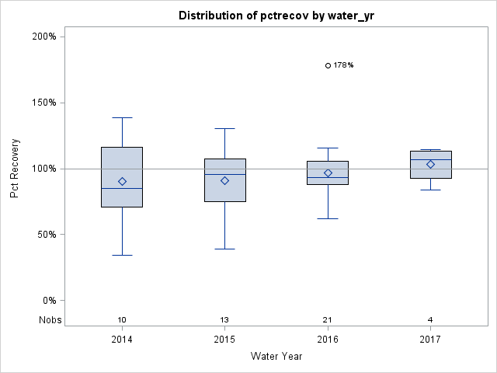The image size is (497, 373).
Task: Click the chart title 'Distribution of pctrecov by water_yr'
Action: coord(275,16)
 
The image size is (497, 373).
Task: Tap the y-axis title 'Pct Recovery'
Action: coord(15,169)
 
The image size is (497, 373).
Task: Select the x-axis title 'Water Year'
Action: coord(276,357)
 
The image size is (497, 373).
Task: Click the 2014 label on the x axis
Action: coord(122,340)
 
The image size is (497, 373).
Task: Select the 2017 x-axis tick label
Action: coord(430,340)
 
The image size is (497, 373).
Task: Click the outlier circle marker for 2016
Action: coord(328,65)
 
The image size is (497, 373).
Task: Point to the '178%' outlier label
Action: coord(343,65)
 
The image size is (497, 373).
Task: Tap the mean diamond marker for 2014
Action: coord(122,181)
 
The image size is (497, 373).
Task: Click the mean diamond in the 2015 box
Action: coord(224,180)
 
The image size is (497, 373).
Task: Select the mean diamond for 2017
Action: coord(430,164)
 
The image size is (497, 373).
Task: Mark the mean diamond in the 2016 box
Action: coord(328,173)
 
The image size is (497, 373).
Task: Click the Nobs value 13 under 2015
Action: coord(224,320)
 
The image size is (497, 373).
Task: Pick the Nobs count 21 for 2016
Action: coord(328,320)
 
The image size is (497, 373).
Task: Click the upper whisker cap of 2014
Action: coord(122,117)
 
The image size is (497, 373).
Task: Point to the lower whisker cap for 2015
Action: coord(224,249)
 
